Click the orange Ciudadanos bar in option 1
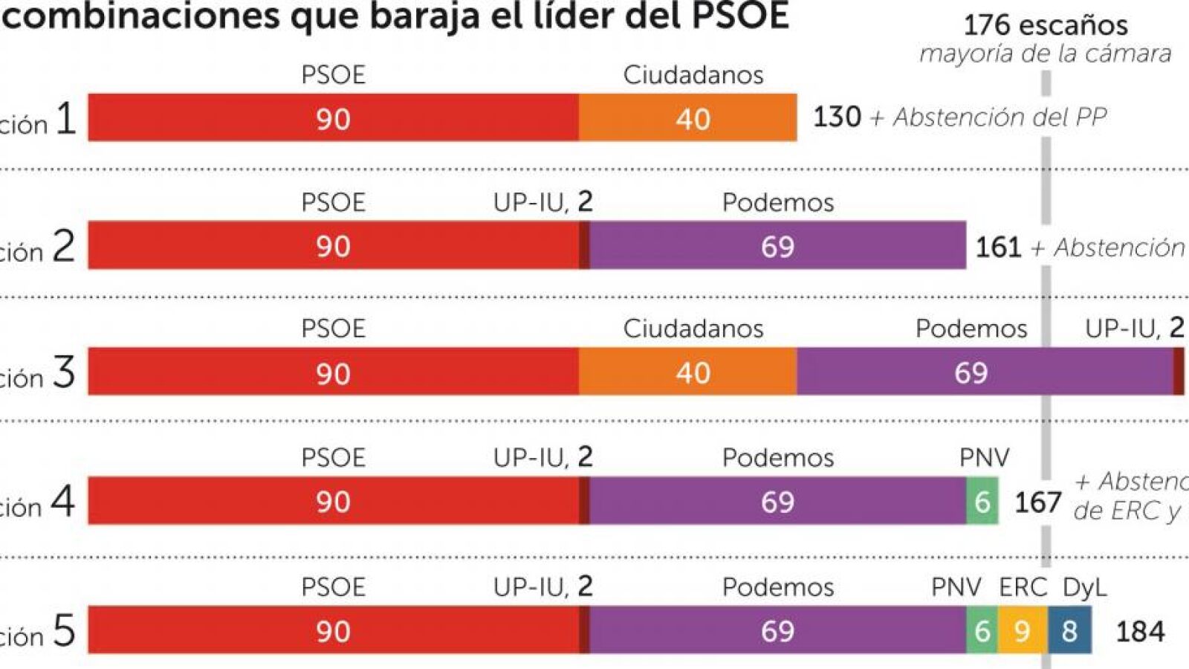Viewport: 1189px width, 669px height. [x=687, y=117]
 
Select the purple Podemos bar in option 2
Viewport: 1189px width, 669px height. [x=777, y=245]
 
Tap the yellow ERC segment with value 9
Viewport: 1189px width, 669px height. [x=1023, y=630]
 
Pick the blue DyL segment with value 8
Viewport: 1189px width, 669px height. [x=1069, y=630]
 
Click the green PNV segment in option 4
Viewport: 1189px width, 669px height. [x=982, y=502]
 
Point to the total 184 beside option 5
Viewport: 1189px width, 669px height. [x=1140, y=632]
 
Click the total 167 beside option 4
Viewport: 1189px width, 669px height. [x=1037, y=503]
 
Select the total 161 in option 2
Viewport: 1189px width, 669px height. [x=998, y=247]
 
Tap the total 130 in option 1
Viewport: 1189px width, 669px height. [x=837, y=117]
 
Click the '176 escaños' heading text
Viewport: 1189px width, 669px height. [x=1045, y=25]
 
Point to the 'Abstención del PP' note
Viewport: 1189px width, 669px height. [x=1000, y=117]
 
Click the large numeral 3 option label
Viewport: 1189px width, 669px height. [x=63, y=372]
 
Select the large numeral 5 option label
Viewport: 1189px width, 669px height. [x=64, y=631]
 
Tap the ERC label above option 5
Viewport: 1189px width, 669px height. [x=1023, y=587]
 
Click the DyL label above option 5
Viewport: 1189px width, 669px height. [x=1084, y=587]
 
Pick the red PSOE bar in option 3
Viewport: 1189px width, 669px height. [x=333, y=372]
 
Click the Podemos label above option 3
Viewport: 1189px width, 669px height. [x=971, y=329]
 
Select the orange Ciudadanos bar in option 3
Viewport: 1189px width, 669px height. [x=687, y=372]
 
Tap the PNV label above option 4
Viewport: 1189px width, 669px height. [x=984, y=457]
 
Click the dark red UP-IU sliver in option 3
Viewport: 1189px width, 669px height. [x=1179, y=372]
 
